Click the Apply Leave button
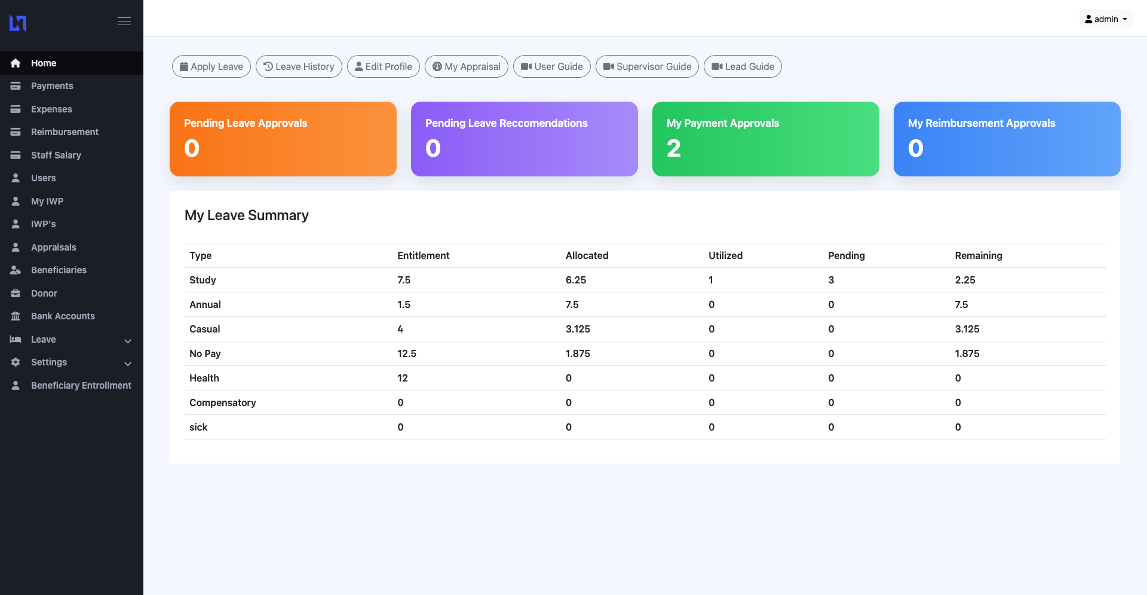pyautogui.click(x=211, y=66)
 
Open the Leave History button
pyautogui.click(x=299, y=66)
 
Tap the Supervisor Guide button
pyautogui.click(x=647, y=66)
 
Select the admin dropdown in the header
pyautogui.click(x=1106, y=19)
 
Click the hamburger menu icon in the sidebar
pyautogui.click(x=124, y=22)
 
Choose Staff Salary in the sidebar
pyautogui.click(x=56, y=155)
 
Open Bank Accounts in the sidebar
pyautogui.click(x=63, y=316)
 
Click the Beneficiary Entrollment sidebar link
pyautogui.click(x=81, y=386)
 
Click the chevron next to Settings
pyautogui.click(x=127, y=364)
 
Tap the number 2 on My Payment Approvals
pyautogui.click(x=674, y=148)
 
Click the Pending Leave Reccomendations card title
pyautogui.click(x=506, y=123)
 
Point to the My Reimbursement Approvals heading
pyautogui.click(x=982, y=123)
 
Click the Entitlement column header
pyautogui.click(x=423, y=256)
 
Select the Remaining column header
pyautogui.click(x=978, y=256)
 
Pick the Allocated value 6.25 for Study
pyautogui.click(x=576, y=280)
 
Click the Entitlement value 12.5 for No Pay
pyautogui.click(x=407, y=354)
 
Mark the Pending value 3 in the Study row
pyautogui.click(x=831, y=280)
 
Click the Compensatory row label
pyautogui.click(x=222, y=403)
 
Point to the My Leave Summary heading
pyautogui.click(x=246, y=215)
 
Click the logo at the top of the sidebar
pyautogui.click(x=18, y=23)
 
